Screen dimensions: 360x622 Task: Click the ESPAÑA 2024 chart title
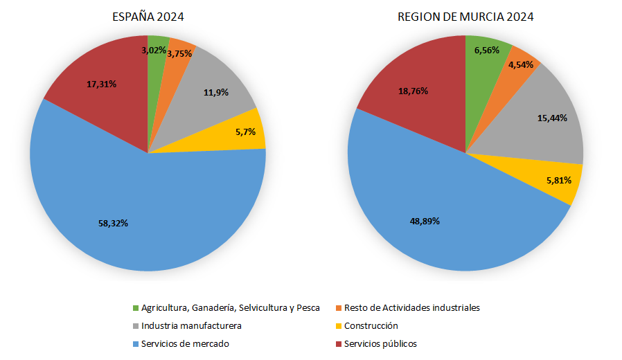pos(148,17)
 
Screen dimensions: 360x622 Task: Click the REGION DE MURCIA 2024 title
pos(465,17)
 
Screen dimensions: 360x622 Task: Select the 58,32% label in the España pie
pos(113,223)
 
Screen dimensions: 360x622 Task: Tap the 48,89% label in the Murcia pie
pos(424,221)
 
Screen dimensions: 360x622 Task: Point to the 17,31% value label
pos(101,84)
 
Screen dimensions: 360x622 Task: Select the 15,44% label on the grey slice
pos(552,118)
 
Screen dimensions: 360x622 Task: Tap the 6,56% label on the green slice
pos(488,51)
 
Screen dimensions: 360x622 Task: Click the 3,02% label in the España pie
pos(154,51)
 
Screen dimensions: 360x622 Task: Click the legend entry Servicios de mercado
pos(184,343)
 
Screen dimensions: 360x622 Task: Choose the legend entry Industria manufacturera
pos(191,325)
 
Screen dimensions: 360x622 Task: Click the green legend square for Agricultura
pos(135,307)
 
